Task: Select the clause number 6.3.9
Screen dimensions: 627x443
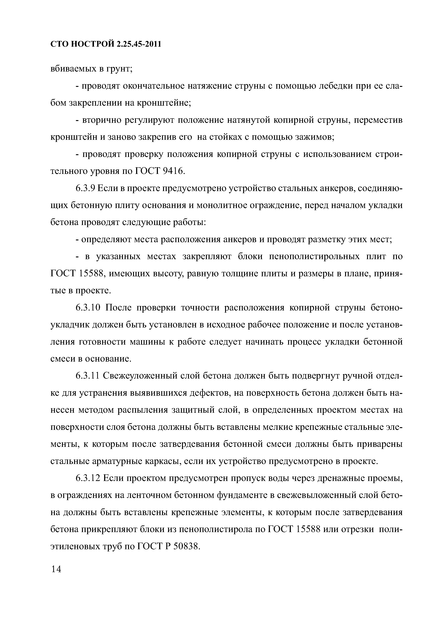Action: tap(85, 189)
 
